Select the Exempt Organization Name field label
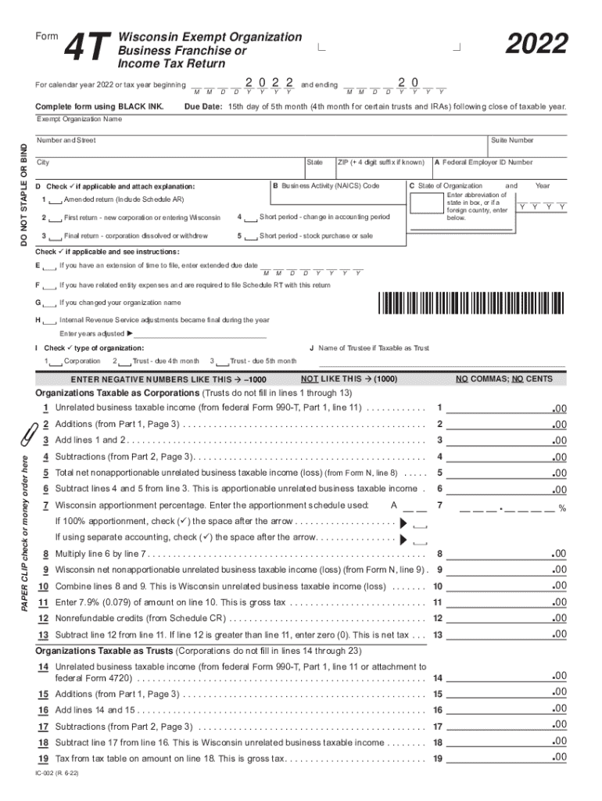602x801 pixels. tap(80, 120)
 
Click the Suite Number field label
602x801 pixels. tap(512, 141)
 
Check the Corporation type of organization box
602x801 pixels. tap(53, 361)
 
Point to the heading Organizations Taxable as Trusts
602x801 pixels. tap(104, 651)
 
